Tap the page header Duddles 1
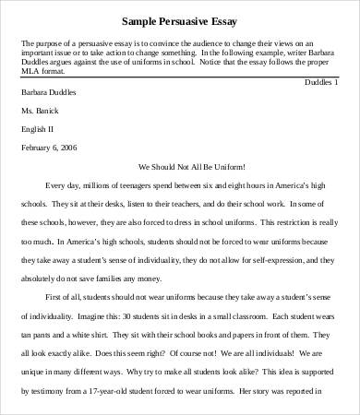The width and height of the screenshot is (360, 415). pyautogui.click(x=322, y=81)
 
